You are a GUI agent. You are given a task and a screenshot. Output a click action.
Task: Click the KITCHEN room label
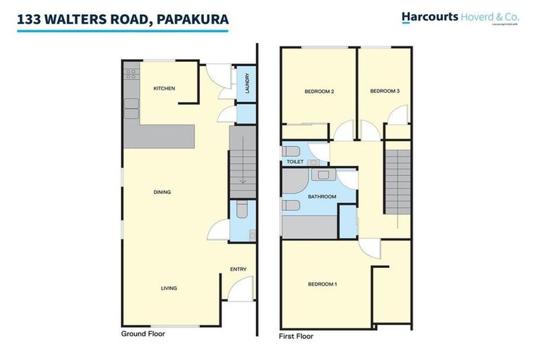click(165, 89)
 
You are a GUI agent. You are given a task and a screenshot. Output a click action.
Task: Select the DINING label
click(163, 192)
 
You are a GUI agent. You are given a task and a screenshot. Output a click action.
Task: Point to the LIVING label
click(168, 288)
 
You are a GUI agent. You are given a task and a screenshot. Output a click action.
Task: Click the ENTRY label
click(238, 269)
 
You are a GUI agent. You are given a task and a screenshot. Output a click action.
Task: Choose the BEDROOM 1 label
click(323, 284)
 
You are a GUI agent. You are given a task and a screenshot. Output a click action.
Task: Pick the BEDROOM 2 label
click(319, 91)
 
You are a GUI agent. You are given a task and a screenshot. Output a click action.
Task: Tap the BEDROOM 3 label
click(385, 91)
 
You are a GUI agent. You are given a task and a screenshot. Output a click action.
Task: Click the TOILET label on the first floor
click(295, 162)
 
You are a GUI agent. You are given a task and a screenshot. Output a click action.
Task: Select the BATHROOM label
click(321, 197)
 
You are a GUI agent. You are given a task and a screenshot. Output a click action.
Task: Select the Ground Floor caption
click(143, 334)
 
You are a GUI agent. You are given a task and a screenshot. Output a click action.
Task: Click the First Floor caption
click(296, 337)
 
